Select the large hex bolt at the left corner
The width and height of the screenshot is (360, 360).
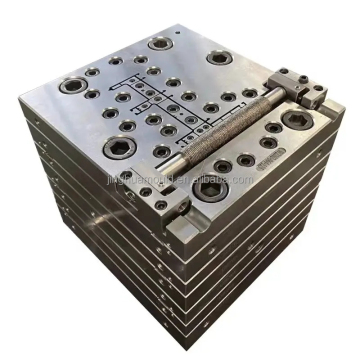[x=72, y=87]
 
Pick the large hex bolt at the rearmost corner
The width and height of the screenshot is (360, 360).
[x=159, y=43]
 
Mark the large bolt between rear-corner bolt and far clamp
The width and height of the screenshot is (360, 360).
[x=220, y=58]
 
